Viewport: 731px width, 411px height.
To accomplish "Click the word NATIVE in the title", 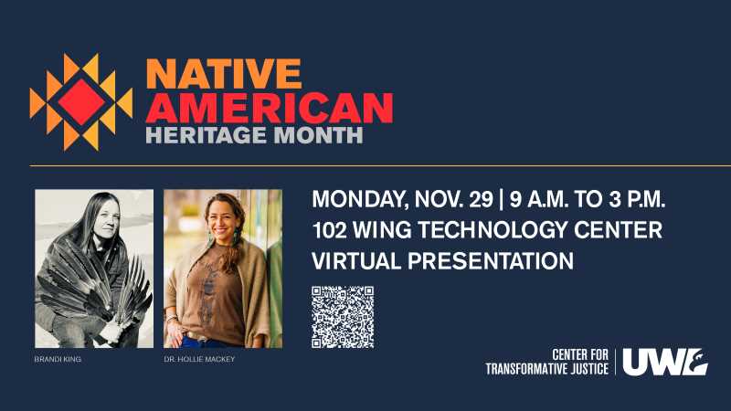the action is coord(224,74).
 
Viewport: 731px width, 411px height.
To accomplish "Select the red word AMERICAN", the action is coord(270,108).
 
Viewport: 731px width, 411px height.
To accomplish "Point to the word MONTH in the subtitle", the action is coord(318,134).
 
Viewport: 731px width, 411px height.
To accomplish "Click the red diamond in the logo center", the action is coord(81,102).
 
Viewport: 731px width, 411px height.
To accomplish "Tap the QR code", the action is coord(343,317).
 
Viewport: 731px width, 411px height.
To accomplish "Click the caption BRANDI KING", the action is coord(58,359).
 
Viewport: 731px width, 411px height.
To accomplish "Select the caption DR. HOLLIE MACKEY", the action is coord(199,359).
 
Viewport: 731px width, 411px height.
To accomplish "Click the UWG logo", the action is coord(665,362).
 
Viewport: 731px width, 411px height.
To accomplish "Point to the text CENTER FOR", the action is coord(580,354).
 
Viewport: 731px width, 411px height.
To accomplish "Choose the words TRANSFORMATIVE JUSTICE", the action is coord(546,369).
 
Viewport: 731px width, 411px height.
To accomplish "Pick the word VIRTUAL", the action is coord(356,261).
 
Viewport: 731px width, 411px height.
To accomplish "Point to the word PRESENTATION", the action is coord(491,261).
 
